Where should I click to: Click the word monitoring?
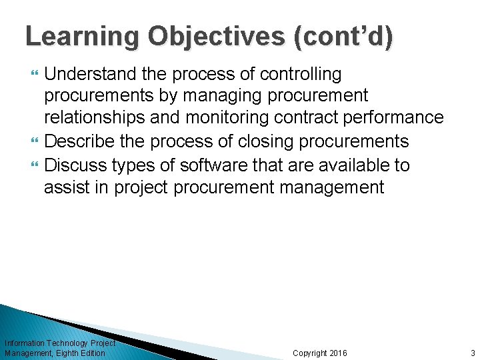click(227, 118)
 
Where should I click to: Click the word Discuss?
click(79, 164)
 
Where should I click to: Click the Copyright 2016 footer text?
click(320, 353)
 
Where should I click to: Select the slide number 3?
click(472, 353)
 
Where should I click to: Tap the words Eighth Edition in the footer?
click(81, 353)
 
